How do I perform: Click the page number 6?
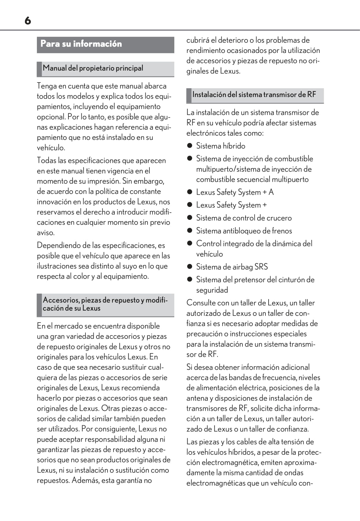[28, 21]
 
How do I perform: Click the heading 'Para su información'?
[81, 44]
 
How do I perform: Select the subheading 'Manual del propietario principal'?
[93, 68]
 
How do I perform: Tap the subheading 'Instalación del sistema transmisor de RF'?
[254, 94]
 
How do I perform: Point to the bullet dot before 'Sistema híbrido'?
[189, 146]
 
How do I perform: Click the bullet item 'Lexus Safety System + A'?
[235, 192]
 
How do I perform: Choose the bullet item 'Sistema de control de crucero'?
[244, 218]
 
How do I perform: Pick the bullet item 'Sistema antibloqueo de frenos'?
[244, 231]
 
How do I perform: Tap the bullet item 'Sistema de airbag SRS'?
[232, 267]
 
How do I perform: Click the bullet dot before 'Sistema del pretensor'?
[189, 280]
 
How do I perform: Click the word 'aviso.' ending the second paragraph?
[46, 233]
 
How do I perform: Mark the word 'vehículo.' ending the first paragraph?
[51, 148]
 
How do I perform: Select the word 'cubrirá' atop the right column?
[197, 40]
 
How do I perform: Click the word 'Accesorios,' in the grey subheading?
[61, 300]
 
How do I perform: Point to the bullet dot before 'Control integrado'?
[189, 243]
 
